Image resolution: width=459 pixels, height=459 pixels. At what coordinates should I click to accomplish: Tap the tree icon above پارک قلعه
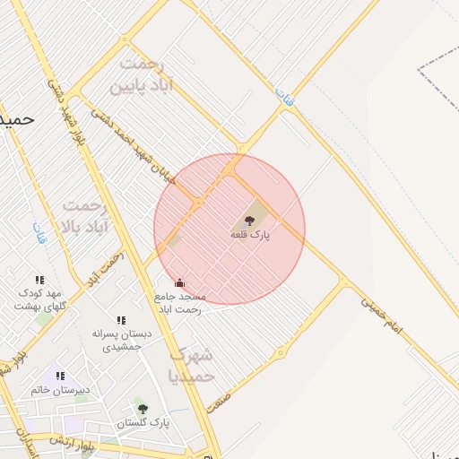[249, 220]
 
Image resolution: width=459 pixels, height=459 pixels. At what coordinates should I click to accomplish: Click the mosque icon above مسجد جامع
[179, 283]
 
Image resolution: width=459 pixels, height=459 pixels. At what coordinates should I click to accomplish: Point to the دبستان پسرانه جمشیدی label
[122, 339]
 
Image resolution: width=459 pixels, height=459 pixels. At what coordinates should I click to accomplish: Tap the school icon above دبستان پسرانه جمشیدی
[121, 320]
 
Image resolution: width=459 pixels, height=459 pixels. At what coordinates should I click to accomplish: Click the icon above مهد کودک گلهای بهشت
[39, 281]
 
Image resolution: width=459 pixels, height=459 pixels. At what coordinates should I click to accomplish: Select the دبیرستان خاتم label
[61, 390]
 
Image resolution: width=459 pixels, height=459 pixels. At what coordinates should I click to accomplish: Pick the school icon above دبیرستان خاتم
[60, 376]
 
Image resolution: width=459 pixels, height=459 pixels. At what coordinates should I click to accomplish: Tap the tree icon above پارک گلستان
[143, 409]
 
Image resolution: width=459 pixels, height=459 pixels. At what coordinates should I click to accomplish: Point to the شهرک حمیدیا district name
[191, 365]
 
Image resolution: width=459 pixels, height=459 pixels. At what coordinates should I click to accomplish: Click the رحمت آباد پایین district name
[141, 76]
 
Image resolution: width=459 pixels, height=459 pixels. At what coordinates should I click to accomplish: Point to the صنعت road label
[218, 401]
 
